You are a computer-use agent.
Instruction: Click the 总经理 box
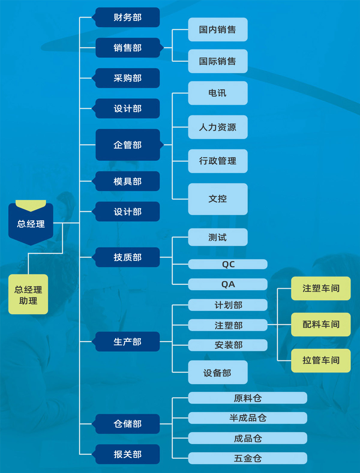[31, 224]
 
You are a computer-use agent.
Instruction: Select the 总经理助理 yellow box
[28, 294]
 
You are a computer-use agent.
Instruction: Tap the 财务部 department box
[127, 17]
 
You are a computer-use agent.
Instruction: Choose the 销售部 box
[127, 48]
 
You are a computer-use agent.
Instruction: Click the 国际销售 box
[217, 61]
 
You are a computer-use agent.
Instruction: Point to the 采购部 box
[127, 78]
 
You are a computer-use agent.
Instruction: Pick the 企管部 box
[127, 145]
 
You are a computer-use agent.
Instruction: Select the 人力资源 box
[217, 127]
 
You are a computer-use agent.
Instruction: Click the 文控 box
[217, 199]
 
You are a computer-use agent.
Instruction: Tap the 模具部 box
[127, 181]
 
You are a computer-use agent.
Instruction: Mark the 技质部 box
[127, 257]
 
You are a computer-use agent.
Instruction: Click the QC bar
[228, 264]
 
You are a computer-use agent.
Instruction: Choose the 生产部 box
[127, 342]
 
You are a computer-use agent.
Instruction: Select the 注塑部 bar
[228, 325]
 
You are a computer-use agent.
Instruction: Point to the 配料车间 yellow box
[321, 324]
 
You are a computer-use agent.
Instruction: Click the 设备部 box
[217, 373]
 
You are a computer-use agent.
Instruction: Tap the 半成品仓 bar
[247, 418]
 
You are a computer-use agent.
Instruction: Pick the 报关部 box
[127, 454]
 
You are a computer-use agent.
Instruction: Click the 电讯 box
[217, 93]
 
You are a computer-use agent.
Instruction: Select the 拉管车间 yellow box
[321, 360]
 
